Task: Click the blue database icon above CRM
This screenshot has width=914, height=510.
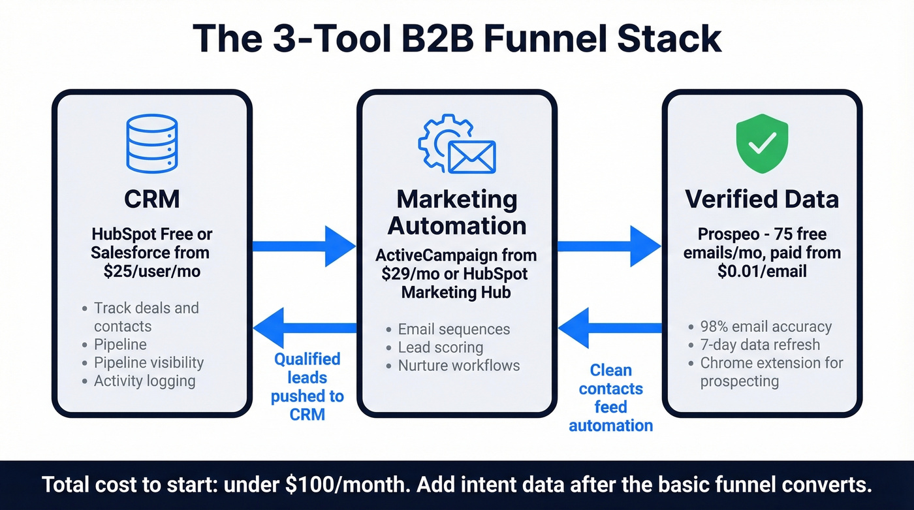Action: click(x=151, y=142)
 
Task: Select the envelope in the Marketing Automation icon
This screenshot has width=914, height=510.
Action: click(x=471, y=157)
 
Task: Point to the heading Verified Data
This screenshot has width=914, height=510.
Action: click(x=761, y=199)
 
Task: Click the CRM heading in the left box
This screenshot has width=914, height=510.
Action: click(x=151, y=199)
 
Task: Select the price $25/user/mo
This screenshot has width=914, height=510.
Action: click(x=151, y=270)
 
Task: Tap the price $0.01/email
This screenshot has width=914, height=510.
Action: click(x=761, y=270)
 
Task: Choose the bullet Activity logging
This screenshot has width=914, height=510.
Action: click(x=144, y=381)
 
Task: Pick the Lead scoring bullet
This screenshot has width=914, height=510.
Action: click(x=440, y=347)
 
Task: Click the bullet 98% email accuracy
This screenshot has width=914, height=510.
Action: click(x=766, y=327)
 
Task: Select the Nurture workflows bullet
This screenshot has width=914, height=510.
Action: click(x=458, y=365)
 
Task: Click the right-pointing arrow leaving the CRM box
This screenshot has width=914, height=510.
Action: click(x=304, y=246)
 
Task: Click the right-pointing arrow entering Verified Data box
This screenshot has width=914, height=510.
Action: click(x=609, y=246)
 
